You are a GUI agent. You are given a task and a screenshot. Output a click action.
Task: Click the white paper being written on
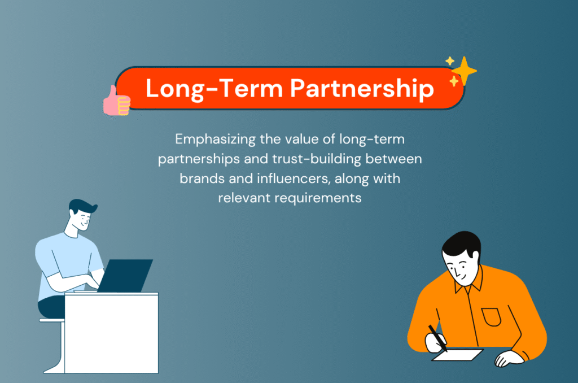[x=458, y=354]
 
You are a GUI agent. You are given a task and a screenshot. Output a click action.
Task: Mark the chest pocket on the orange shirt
[x=491, y=317]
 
